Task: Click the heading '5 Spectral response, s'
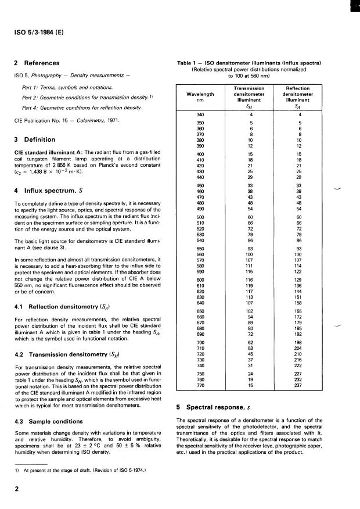(215, 407)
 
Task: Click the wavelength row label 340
(200, 114)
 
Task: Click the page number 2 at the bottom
(16, 490)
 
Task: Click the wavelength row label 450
(200, 185)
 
